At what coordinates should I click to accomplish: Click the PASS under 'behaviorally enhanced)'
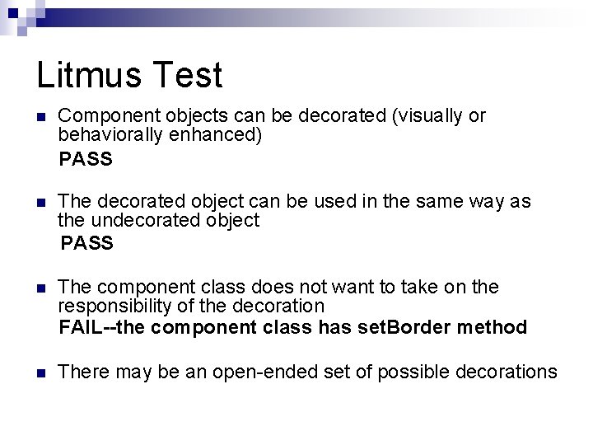pyautogui.click(x=86, y=159)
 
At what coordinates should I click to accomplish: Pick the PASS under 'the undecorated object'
pyautogui.click(x=87, y=244)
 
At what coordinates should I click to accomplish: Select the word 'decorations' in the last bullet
pyautogui.click(x=508, y=372)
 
